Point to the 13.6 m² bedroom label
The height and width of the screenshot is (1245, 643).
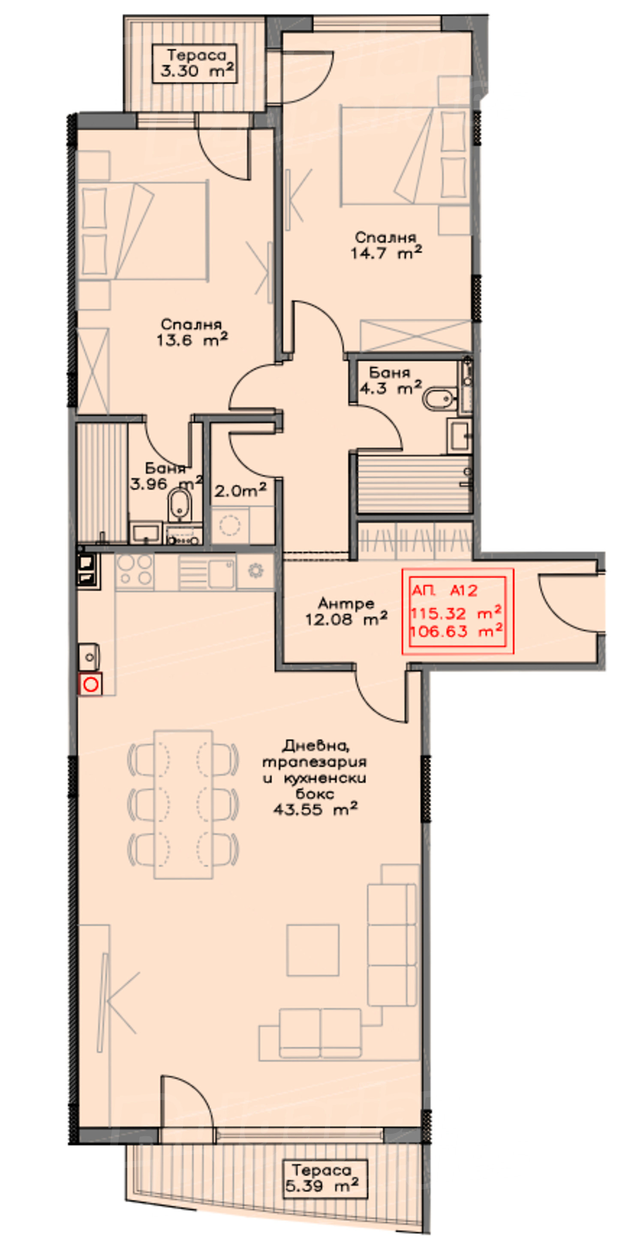coord(192,332)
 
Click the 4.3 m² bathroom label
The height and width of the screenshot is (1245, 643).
coord(390,380)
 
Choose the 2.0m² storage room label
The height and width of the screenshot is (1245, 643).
coord(240,490)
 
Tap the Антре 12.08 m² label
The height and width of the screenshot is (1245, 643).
coord(346,611)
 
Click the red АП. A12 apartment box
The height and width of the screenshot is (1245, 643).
coord(457,611)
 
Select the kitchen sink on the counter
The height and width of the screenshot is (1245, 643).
coord(207,572)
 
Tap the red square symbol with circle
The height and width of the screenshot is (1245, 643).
coord(90,684)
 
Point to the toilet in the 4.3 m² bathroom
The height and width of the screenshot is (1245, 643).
coord(439,400)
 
